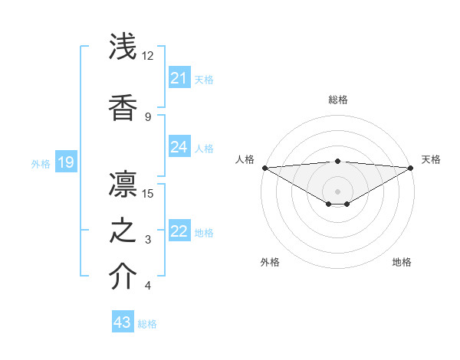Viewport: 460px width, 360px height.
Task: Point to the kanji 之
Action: click(123, 231)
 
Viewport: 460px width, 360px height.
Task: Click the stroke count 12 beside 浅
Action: click(148, 56)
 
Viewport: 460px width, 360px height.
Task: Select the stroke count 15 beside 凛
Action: click(149, 193)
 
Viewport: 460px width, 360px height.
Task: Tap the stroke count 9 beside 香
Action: click(148, 117)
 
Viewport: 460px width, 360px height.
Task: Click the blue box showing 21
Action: click(179, 78)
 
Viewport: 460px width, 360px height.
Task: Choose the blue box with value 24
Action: click(179, 147)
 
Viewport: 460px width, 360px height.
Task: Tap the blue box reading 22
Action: click(179, 232)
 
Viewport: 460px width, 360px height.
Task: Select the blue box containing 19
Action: click(66, 162)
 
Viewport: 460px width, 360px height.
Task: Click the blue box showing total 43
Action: click(123, 322)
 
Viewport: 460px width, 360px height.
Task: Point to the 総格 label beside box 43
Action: click(147, 324)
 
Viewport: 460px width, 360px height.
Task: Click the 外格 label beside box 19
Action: click(40, 163)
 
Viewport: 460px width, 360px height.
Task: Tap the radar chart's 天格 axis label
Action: click(431, 159)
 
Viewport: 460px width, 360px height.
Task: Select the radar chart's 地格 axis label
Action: click(402, 262)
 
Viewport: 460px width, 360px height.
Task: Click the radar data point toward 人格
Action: click(264, 168)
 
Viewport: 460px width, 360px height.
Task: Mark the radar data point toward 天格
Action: click(411, 168)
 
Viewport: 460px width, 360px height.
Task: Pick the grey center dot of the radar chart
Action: click(337, 191)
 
